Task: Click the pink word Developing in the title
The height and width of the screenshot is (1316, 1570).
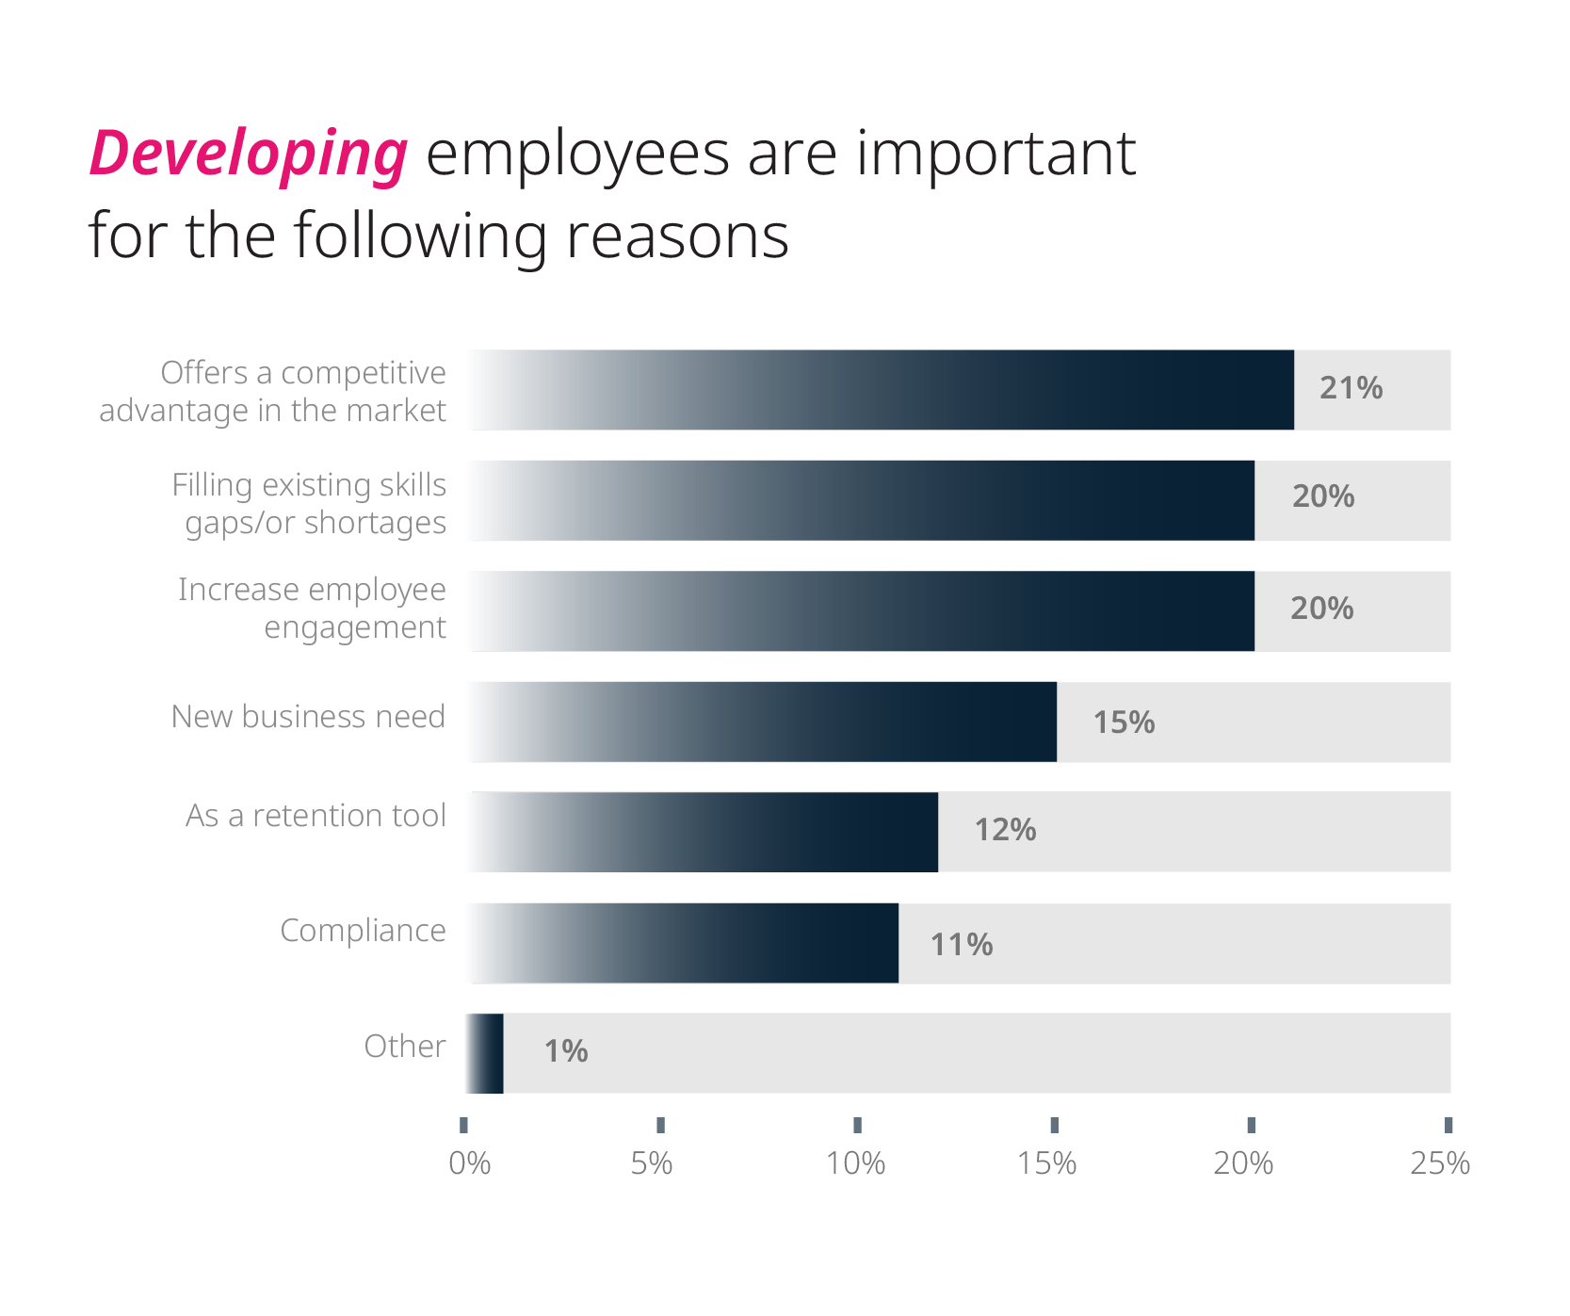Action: coord(249,154)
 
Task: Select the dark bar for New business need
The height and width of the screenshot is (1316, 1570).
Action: coord(763,722)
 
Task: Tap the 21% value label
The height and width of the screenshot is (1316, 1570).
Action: coord(1351,388)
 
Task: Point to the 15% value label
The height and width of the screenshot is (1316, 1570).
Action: coord(1124,723)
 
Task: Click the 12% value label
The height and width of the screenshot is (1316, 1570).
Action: coord(1005,830)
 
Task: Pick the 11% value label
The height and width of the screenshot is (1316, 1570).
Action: coord(962,945)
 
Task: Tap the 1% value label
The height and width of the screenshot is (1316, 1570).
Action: coord(566,1051)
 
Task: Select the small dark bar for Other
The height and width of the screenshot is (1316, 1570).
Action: coord(486,1053)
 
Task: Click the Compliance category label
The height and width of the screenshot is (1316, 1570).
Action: coord(363,931)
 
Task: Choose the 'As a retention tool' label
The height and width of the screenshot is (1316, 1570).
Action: coord(316,816)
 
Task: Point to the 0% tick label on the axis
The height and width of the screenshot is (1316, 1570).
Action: coord(469,1164)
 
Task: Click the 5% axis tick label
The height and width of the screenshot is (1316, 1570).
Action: coord(652,1164)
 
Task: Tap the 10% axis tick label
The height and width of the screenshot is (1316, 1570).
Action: coord(855,1164)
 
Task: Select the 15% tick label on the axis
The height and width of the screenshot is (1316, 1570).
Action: coord(1046,1164)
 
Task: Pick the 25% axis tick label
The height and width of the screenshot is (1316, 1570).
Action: coord(1440,1164)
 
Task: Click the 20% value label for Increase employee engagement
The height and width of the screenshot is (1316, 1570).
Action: coord(1321,609)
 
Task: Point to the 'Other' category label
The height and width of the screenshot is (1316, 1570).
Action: coord(404,1047)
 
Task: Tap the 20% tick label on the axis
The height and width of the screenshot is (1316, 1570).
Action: coord(1243,1164)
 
